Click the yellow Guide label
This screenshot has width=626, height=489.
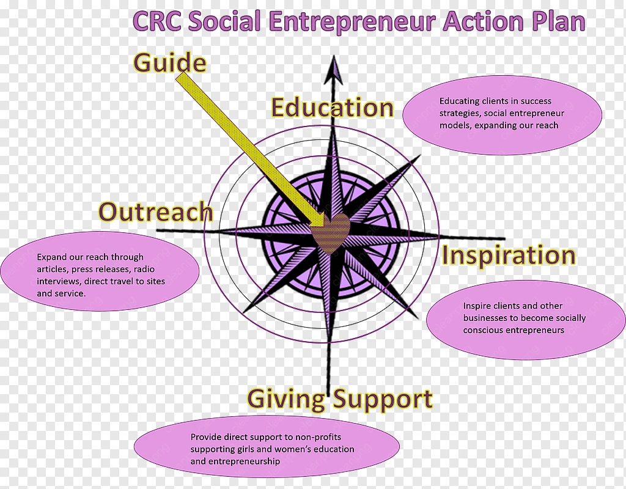[170, 64]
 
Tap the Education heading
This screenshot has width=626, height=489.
[333, 108]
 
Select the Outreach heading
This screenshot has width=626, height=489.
[156, 211]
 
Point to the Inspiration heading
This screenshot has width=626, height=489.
[509, 255]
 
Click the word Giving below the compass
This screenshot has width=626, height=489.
[286, 399]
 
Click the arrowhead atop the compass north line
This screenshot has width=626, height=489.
[334, 70]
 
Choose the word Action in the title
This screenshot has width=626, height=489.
[484, 21]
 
